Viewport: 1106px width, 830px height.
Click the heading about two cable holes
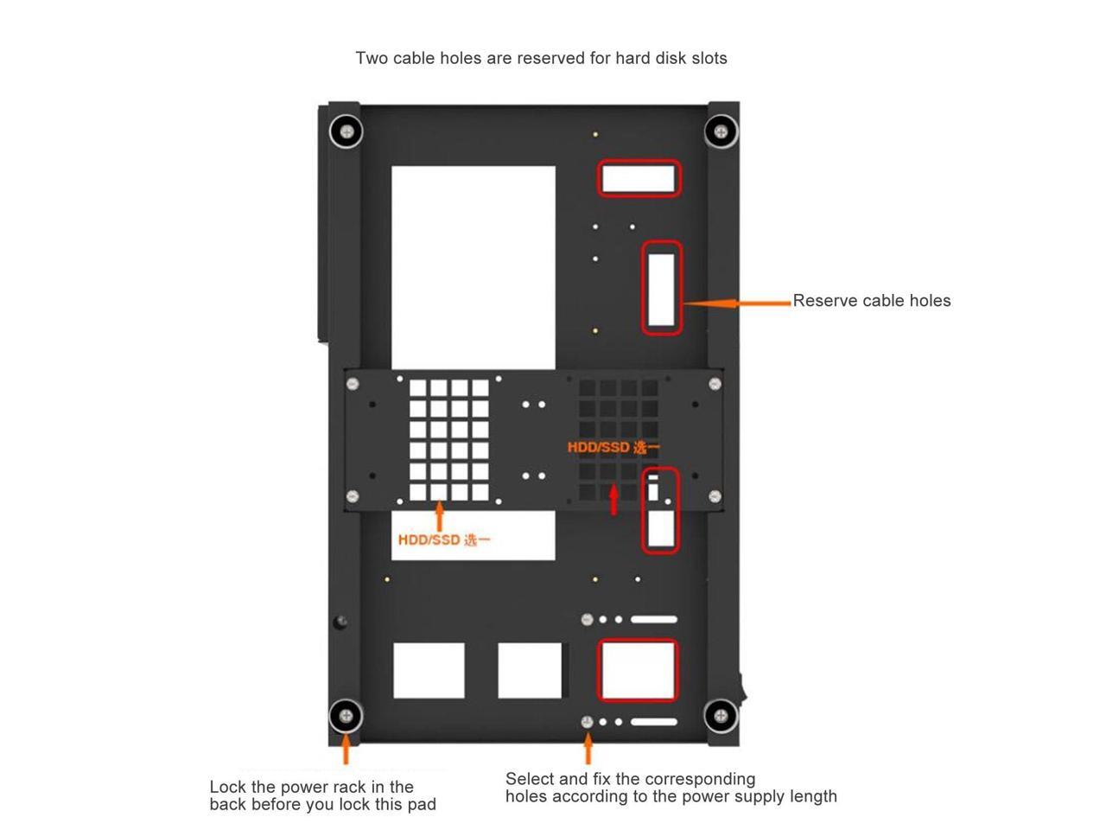tap(541, 58)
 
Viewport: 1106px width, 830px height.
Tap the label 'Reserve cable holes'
tap(871, 301)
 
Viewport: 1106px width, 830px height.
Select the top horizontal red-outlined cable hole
tap(639, 179)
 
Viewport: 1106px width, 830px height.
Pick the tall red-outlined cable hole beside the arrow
tap(662, 288)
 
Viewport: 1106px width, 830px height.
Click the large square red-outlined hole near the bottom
tap(638, 670)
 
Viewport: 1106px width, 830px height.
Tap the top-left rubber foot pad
tap(346, 131)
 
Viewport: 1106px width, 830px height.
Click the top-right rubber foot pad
tap(721, 131)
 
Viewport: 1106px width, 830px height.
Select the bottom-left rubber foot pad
tap(346, 716)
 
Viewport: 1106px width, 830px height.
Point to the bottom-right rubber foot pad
tap(721, 716)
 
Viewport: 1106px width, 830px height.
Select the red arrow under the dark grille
tap(613, 500)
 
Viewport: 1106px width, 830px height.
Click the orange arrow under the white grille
tap(439, 516)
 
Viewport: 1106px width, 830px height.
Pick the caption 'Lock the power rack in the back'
tap(322, 795)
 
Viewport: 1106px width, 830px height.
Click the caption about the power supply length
tap(671, 788)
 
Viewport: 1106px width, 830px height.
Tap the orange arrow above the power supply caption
tap(588, 749)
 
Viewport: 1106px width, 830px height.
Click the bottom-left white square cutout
tap(429, 670)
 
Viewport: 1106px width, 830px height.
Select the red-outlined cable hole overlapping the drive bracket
tap(660, 510)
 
